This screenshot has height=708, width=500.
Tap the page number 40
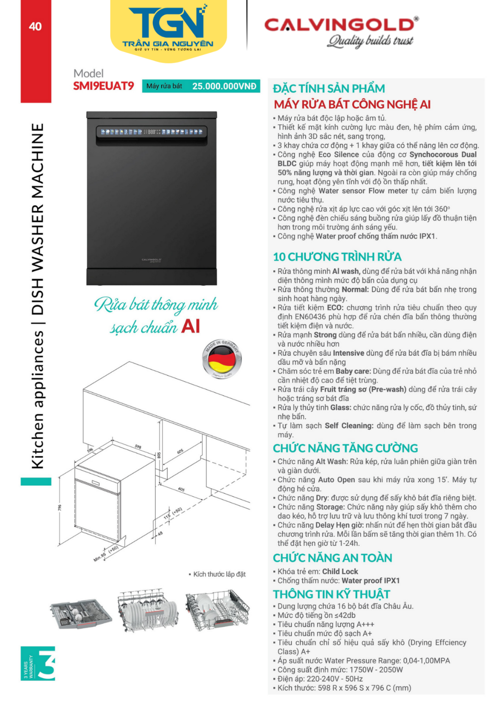coord(35,27)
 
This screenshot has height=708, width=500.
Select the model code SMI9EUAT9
coord(104,86)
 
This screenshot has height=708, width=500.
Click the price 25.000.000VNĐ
coord(224,86)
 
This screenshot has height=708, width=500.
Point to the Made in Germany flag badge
coord(222,359)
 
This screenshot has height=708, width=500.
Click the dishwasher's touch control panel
coord(151,132)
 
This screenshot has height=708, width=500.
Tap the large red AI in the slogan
coord(191,326)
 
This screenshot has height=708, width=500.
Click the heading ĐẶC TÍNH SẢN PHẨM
coord(329,88)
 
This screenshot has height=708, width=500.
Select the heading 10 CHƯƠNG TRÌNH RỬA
coord(337,257)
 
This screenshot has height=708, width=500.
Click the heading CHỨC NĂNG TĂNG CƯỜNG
coord(345,448)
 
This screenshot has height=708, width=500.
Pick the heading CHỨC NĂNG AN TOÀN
coord(332,558)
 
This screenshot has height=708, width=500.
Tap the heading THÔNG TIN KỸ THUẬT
coord(331,594)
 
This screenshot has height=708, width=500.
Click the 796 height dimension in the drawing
coord(60,508)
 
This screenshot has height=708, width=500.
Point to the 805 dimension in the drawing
coord(159,455)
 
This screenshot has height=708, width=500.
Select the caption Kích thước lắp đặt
coord(219,574)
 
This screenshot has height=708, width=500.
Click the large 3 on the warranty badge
coord(47,663)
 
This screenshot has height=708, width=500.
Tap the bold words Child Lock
coord(340,571)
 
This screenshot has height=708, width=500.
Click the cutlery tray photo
coord(81,614)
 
